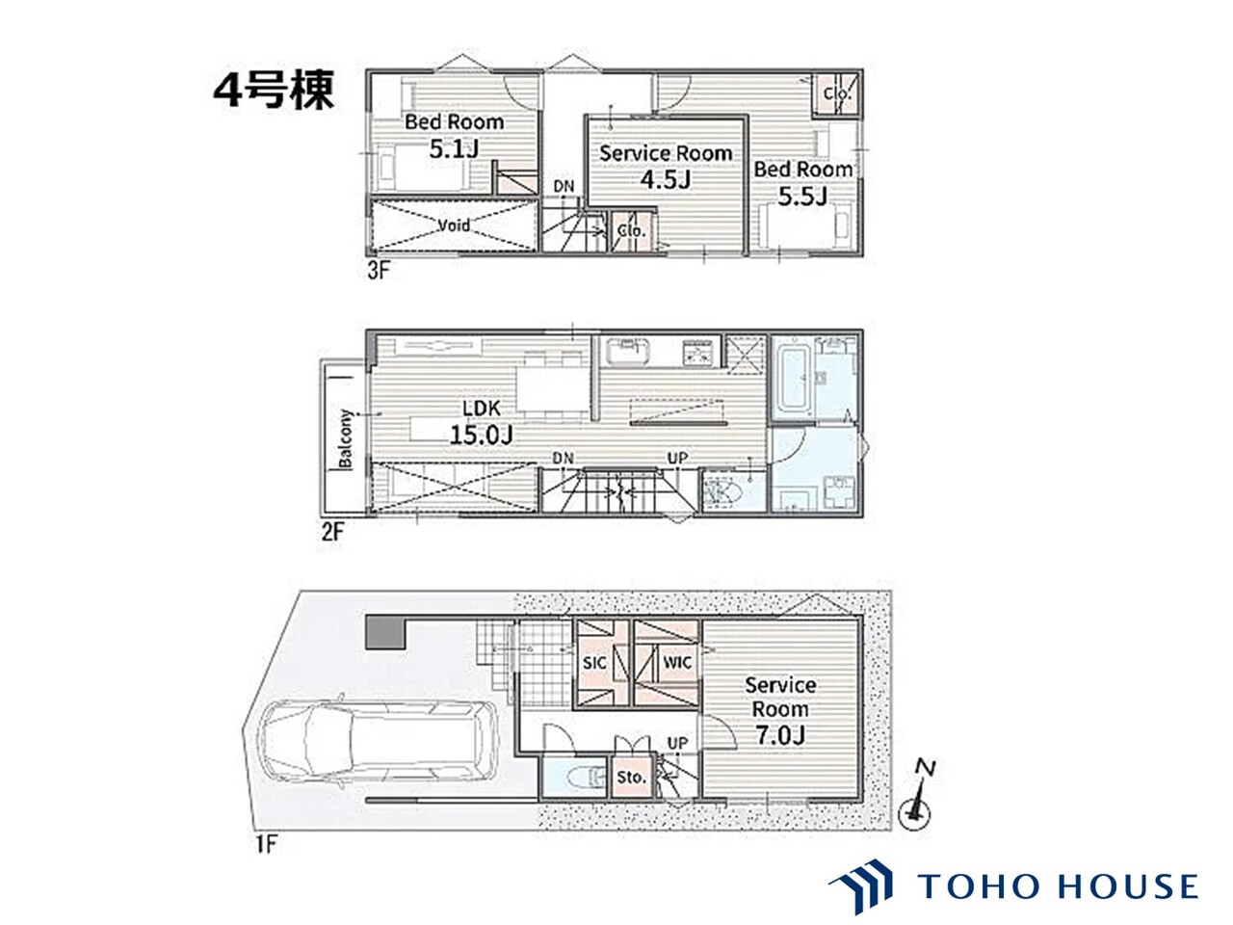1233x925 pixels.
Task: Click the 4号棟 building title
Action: (274, 90)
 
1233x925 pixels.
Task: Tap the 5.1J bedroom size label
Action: (454, 135)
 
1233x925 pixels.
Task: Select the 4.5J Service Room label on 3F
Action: (666, 167)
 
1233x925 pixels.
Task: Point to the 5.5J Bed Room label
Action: (802, 182)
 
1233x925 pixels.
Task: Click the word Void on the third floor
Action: (454, 225)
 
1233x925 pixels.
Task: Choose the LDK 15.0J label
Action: (482, 422)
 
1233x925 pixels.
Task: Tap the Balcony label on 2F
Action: (345, 438)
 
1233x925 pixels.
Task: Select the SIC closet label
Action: (593, 663)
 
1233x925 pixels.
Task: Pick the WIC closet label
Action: (677, 662)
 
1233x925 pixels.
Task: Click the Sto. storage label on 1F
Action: (631, 778)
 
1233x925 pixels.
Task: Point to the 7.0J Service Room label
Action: (780, 710)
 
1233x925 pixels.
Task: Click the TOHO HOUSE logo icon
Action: (860, 885)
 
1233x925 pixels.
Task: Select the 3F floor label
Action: (378, 271)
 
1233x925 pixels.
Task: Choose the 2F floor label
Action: (332, 531)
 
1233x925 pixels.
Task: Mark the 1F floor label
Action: (267, 844)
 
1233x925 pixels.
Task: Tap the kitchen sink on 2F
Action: (627, 351)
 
